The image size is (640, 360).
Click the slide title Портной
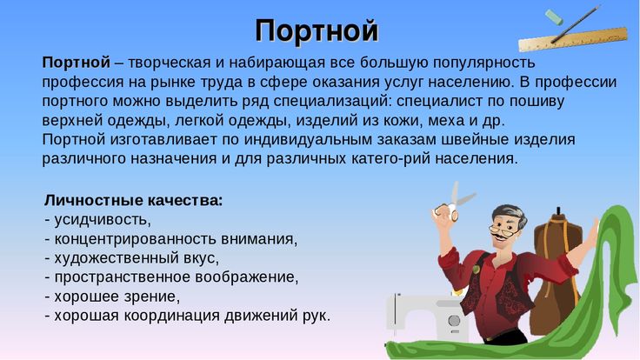point(317,30)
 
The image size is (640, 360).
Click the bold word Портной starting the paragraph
point(77,63)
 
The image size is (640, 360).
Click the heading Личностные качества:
point(133,200)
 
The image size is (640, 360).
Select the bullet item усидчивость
point(102,220)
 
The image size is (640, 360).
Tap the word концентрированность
point(136,239)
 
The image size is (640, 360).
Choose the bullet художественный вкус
point(137,258)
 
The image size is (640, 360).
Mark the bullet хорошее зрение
point(117,297)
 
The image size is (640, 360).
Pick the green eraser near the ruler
point(554,17)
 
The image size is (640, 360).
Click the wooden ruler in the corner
point(573,40)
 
